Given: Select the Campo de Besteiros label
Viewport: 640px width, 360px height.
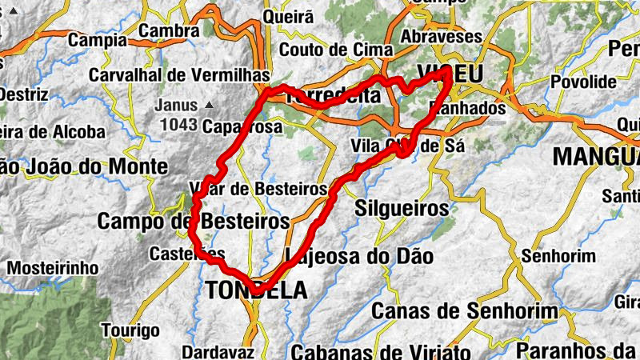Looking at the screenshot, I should point(193,220).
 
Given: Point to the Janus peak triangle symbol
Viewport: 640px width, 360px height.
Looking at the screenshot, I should point(210,105).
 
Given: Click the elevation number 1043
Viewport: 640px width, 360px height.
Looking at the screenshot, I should point(178,125).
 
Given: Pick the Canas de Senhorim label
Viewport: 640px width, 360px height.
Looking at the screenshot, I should point(454,310).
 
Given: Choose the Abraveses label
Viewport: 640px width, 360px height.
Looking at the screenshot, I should point(441,37).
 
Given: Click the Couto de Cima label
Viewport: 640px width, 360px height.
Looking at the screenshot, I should point(336,50).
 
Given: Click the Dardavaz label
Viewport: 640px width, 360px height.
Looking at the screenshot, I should point(218,351).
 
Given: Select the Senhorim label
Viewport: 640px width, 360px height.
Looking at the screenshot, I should point(558,257).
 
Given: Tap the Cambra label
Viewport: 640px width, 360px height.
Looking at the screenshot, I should point(169,31).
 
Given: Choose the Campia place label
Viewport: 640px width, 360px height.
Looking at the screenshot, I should point(98,39).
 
